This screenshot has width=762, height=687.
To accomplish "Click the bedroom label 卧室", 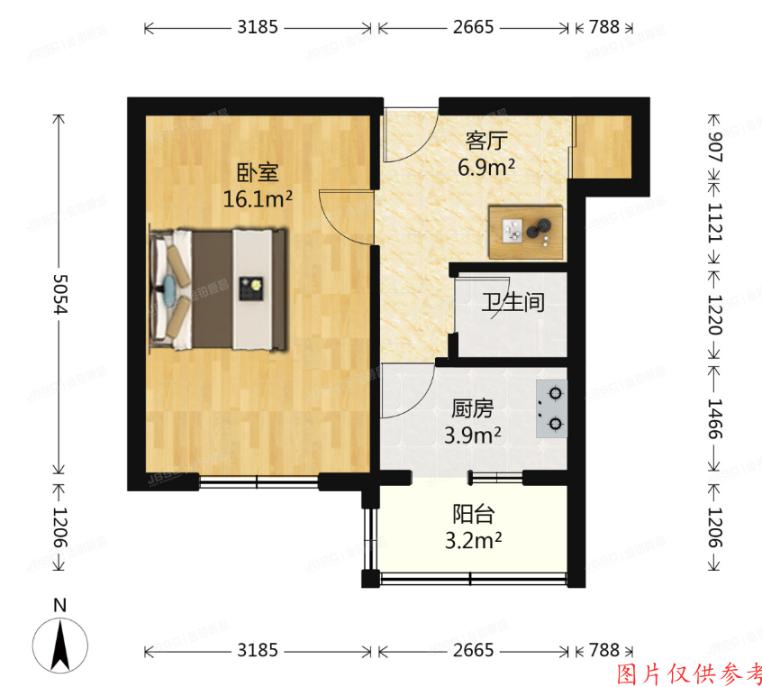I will pyautogui.click(x=258, y=172).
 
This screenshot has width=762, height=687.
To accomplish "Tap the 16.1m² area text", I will pyautogui.click(x=258, y=198).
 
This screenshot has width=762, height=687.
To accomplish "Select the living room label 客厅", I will pyautogui.click(x=486, y=141).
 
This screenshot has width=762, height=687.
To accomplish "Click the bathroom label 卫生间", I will pyautogui.click(x=513, y=302).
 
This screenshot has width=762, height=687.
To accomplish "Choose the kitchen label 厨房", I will pyautogui.click(x=472, y=408).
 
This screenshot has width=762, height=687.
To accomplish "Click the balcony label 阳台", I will pyautogui.click(x=473, y=515).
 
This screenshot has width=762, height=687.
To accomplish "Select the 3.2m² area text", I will pyautogui.click(x=473, y=541).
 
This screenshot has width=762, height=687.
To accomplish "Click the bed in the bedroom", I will pyautogui.click(x=221, y=289).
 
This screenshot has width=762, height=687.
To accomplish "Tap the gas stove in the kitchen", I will pyautogui.click(x=551, y=408).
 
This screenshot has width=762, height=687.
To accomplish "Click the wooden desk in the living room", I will pyautogui.click(x=526, y=233).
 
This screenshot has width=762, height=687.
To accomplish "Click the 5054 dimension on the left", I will pyautogui.click(x=60, y=294).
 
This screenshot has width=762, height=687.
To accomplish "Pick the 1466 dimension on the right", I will pyautogui.click(x=715, y=419).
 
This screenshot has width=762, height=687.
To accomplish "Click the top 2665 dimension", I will pyautogui.click(x=473, y=28).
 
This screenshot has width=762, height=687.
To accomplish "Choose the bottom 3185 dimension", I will pyautogui.click(x=258, y=650).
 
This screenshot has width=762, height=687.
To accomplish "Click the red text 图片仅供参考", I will pyautogui.click(x=689, y=673).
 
